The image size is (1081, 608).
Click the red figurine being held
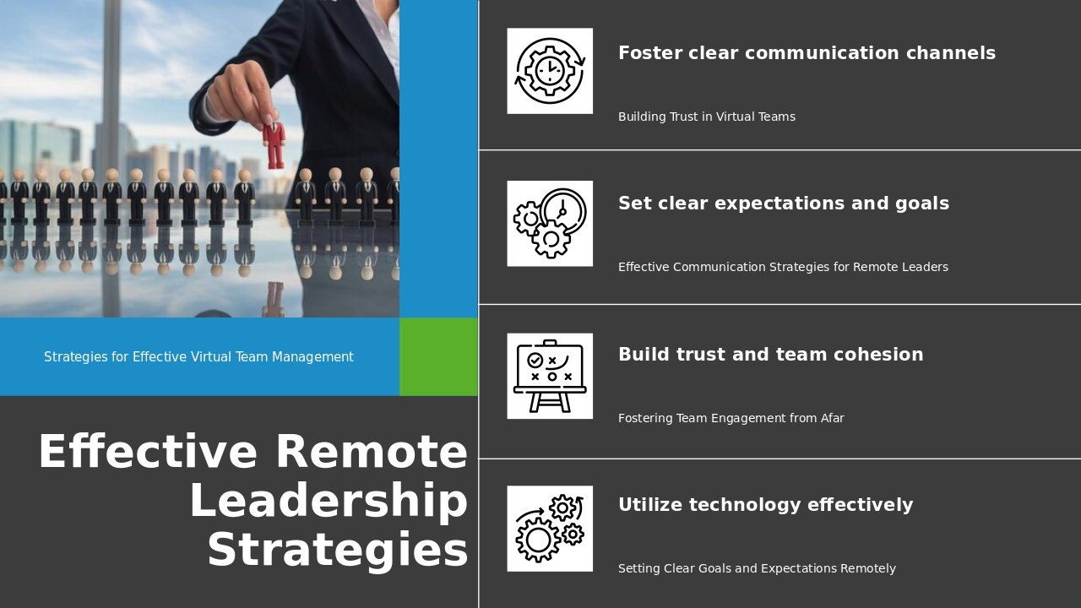(274, 144)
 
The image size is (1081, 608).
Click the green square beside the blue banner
(438, 356)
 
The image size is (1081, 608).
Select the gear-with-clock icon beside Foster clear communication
(550, 71)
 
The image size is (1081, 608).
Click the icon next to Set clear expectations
(550, 224)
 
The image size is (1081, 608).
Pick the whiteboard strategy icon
(550, 376)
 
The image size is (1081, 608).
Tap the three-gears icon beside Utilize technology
(550, 529)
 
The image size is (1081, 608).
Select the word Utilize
(650, 505)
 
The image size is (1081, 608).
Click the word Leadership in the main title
(329, 502)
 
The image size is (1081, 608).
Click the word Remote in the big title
(372, 452)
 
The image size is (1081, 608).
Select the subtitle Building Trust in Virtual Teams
(707, 117)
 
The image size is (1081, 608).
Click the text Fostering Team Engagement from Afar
(731, 418)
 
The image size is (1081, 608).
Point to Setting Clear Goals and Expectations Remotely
(757, 568)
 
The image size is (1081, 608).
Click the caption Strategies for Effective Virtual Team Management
(198, 357)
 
